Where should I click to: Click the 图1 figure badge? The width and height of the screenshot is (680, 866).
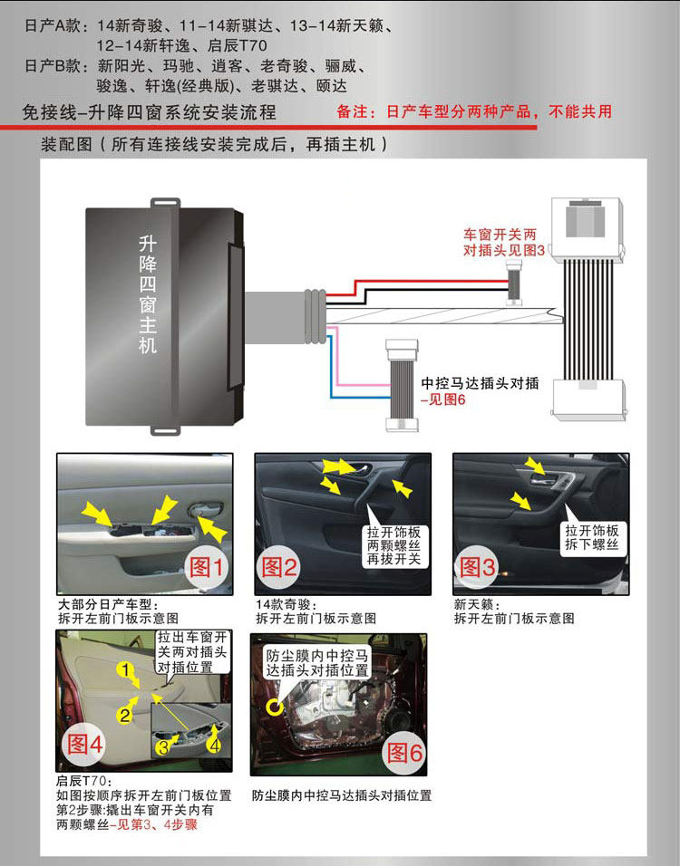pyautogui.click(x=205, y=567)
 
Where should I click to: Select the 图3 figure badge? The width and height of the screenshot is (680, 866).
pyautogui.click(x=478, y=567)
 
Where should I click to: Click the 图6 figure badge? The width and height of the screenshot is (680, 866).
pyautogui.click(x=404, y=751)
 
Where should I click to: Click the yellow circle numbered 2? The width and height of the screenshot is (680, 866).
pyautogui.click(x=125, y=715)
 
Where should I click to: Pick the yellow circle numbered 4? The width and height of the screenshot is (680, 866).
pyautogui.click(x=215, y=746)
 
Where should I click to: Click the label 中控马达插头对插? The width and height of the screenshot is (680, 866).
pyautogui.click(x=480, y=383)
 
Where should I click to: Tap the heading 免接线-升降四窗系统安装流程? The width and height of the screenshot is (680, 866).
pyautogui.click(x=151, y=113)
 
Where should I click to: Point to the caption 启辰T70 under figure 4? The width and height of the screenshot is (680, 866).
pyautogui.click(x=83, y=781)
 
